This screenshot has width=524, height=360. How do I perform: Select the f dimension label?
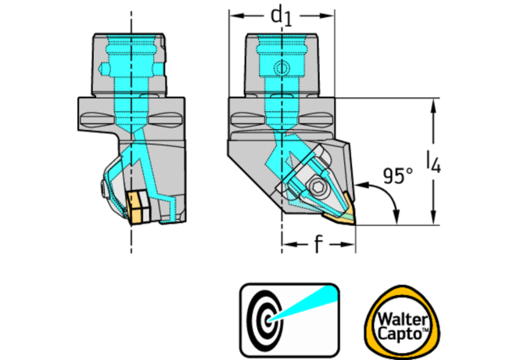coord(318,245)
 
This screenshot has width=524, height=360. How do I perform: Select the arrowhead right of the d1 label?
coord(329,16)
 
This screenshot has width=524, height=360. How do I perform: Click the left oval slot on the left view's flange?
coord(98,119)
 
